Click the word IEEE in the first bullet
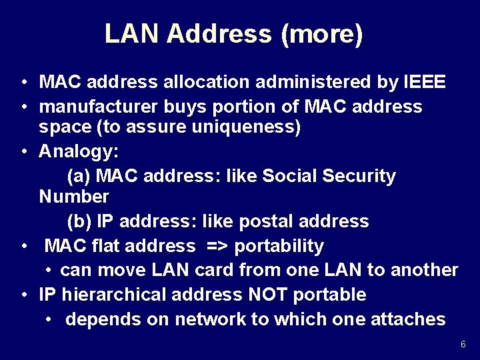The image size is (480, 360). (425, 82)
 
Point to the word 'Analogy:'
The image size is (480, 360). (79, 151)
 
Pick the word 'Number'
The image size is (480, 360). (73, 197)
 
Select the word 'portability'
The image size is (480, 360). (279, 246)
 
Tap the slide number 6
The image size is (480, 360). (463, 344)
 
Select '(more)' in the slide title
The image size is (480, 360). (322, 33)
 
